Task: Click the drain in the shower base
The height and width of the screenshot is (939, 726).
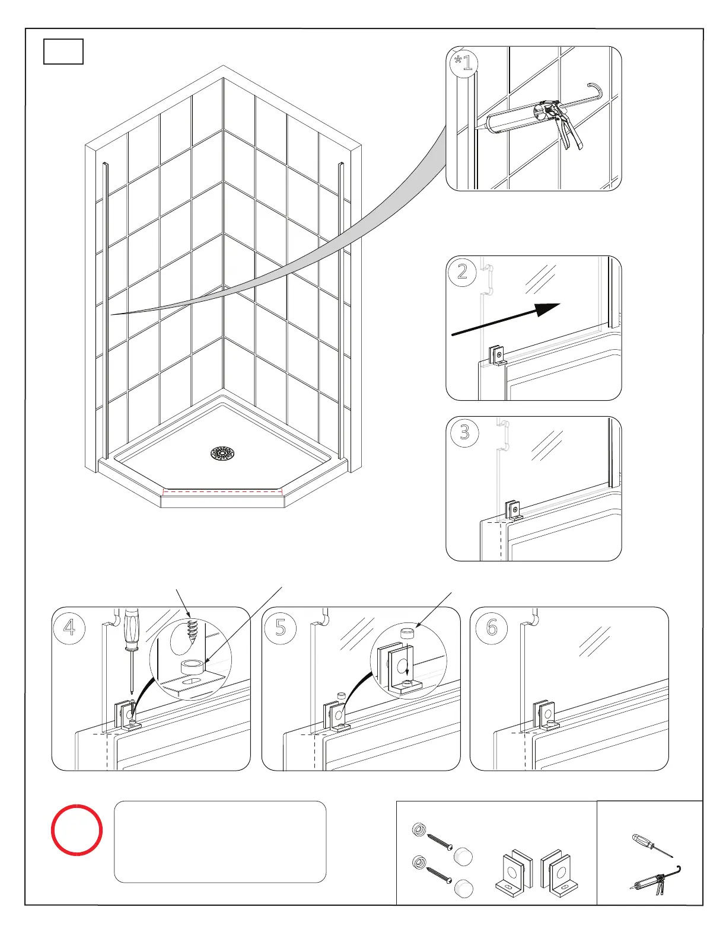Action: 222,454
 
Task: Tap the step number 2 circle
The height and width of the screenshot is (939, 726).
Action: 463,272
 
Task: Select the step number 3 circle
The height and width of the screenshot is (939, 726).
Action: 464,432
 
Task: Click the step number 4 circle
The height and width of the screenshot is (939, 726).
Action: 69,627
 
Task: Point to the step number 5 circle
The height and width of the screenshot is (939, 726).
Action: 281,627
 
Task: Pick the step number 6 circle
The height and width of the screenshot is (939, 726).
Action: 492,627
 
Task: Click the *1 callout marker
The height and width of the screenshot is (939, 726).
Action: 463,62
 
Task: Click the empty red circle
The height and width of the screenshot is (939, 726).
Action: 77,829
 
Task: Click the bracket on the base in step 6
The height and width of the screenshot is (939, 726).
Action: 544,716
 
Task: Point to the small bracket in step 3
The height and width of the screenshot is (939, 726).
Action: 513,510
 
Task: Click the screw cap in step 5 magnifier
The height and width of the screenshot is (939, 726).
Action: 407,633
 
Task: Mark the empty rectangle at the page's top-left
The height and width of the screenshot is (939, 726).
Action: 63,52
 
